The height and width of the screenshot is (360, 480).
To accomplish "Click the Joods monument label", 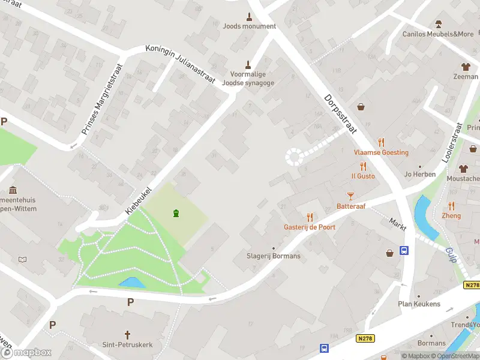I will [249, 26].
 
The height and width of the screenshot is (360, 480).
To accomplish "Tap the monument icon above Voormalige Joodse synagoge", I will [248, 64].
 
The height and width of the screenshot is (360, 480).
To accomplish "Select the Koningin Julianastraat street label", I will [180, 67].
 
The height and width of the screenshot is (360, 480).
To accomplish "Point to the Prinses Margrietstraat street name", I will [101, 98].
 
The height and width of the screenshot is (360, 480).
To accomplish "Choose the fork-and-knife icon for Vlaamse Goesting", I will [381, 142].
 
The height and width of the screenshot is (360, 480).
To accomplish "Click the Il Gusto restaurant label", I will [363, 176].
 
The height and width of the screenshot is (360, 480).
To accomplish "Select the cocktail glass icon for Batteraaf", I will [350, 196].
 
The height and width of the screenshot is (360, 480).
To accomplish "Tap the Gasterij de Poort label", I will [310, 227].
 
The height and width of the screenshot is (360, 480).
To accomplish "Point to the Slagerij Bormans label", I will [274, 256].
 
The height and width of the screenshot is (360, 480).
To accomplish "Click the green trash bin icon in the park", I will [176, 213].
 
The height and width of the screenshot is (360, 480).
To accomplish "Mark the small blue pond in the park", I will [132, 281].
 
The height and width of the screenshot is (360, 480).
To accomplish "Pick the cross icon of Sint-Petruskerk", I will [127, 334].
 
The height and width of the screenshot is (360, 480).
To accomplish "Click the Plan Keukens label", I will [419, 304].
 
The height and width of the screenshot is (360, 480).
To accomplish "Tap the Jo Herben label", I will [419, 175].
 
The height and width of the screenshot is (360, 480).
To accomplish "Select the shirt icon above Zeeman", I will [465, 67].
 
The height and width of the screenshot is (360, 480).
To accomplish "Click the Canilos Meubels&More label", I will [438, 34].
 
